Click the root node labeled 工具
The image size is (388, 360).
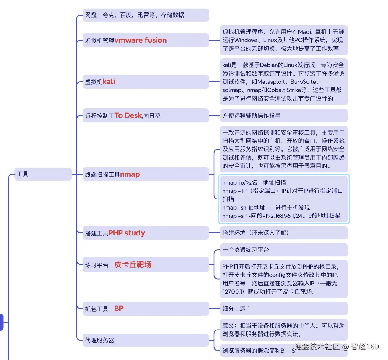point(23,174)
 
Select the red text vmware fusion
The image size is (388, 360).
point(140,40)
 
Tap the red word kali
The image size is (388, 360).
point(109,82)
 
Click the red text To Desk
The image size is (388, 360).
point(128,115)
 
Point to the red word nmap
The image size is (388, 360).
point(130,174)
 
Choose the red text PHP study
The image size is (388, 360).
point(126,233)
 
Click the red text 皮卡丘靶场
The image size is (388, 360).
point(133,264)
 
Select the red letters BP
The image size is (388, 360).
point(119,309)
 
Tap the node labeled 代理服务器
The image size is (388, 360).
point(100,340)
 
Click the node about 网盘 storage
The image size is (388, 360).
point(135,15)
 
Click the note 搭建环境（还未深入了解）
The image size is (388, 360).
point(255,233)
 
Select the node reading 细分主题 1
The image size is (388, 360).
point(236,309)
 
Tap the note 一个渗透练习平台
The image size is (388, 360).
point(245,250)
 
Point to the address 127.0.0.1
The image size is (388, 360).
point(233,291)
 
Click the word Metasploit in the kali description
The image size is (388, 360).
point(271,82)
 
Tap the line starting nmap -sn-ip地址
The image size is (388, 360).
point(266,208)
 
